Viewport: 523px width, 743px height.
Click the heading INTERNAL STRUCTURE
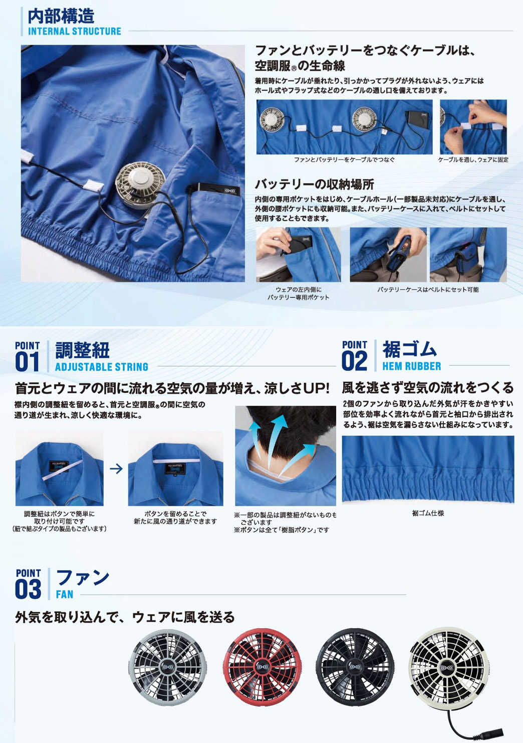coord(75,31)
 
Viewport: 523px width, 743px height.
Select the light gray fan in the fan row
coord(168,667)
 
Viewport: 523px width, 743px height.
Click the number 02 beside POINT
coord(354,361)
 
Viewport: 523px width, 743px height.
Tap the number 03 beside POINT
coord(28,590)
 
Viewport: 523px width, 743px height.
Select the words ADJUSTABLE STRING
coord(101,367)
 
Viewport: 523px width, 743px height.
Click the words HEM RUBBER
coord(412,366)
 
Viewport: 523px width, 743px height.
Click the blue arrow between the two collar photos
coord(116,469)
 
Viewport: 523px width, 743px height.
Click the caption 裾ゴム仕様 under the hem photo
coord(428,513)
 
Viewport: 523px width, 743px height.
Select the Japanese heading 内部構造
coord(61,16)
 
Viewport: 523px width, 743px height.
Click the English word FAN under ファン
coord(64,595)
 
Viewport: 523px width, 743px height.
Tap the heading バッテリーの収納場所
coord(314,184)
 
